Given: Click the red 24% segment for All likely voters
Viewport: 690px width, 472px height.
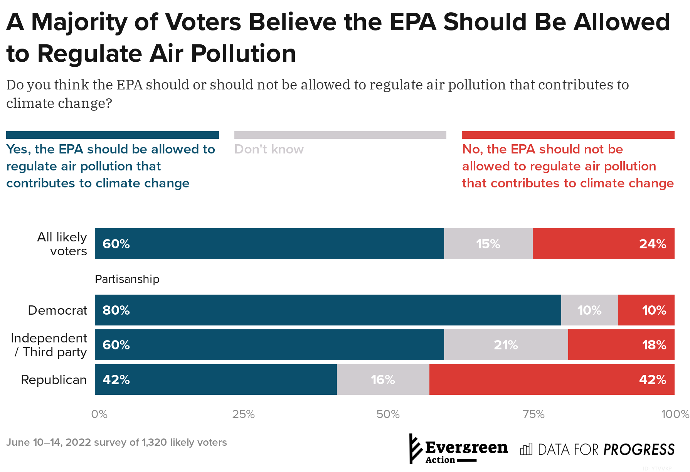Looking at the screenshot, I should pos(603,244).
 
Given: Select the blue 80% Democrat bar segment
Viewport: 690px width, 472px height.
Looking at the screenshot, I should pos(328,310).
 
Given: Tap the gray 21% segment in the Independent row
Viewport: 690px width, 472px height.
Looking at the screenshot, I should pos(506,345).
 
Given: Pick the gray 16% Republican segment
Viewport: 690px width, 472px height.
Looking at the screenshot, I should pos(383,379).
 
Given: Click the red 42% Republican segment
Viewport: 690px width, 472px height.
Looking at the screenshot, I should pos(552,379).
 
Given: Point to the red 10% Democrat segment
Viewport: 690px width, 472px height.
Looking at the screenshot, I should pos(646,310).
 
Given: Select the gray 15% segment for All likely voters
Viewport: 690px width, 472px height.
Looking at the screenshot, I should pos(488,244).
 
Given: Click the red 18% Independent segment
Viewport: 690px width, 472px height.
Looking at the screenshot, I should pos(621,345).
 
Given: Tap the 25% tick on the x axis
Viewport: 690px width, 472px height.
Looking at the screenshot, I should pos(243,414).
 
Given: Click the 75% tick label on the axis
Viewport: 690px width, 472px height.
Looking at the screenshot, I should pos(533,414).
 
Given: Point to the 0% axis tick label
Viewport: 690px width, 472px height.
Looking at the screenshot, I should pos(99,414).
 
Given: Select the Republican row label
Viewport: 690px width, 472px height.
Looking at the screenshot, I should pos(54,380).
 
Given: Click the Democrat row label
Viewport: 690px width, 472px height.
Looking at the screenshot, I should pos(57,310).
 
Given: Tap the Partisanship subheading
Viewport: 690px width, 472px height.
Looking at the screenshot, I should pos(127,279).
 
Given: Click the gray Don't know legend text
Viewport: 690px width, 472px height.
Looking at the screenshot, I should pos(269,149).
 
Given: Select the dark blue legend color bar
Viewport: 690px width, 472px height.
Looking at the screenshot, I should pos(112,135).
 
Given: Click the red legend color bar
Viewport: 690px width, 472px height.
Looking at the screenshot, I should pos(568,135).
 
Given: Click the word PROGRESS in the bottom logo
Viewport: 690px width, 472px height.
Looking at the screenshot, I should pos(639,450).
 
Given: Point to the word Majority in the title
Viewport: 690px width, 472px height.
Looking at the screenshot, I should pos(79,22).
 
